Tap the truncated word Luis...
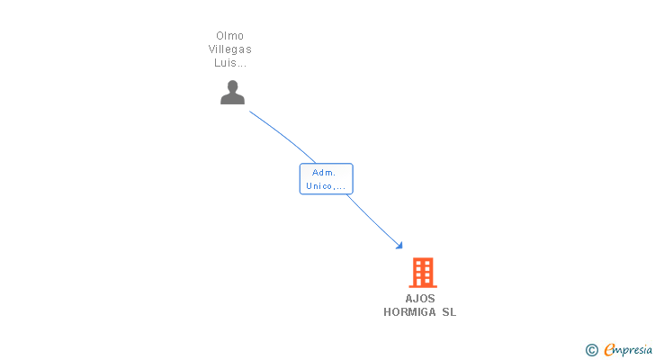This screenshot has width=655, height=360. tap(230, 63)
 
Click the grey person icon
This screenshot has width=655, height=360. tap(233, 92)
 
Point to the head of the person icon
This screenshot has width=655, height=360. tap(233, 86)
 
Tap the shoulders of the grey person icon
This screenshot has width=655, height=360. tap(233, 99)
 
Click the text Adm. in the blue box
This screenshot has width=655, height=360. tap(325, 172)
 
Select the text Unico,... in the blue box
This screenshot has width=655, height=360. tap(326, 185)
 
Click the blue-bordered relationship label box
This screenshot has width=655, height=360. tap(326, 178)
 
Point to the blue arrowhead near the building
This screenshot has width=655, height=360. tap(399, 245)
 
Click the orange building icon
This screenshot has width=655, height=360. tap(422, 272)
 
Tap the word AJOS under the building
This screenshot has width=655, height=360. tap(420, 299)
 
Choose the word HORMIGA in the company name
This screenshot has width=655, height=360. tap(409, 312)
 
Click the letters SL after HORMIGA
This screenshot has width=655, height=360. tap(448, 312)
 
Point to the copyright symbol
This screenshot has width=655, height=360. tap(591, 350)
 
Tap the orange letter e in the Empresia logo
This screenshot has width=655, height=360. tap(609, 350)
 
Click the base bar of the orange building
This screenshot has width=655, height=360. tap(422, 285)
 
